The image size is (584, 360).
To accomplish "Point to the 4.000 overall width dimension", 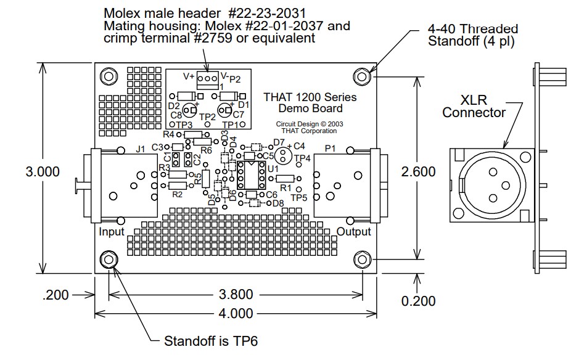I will coord(236,313).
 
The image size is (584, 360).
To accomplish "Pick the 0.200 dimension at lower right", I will coord(418,301).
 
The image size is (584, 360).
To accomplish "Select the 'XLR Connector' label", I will coord(474,106).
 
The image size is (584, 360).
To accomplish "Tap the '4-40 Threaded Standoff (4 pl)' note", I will coord(472,35).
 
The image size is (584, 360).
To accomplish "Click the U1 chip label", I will coord(273,168).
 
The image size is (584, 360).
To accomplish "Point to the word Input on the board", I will coord(112,232).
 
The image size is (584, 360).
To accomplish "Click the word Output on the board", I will coord(354,232).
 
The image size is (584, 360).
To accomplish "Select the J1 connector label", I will coord(140,148).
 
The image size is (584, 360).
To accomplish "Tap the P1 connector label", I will coord(331,148).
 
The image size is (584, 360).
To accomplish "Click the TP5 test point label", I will coord(298,198).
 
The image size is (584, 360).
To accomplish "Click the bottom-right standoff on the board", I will coord(361,259).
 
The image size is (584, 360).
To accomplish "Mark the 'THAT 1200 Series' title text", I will coord(310,97).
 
